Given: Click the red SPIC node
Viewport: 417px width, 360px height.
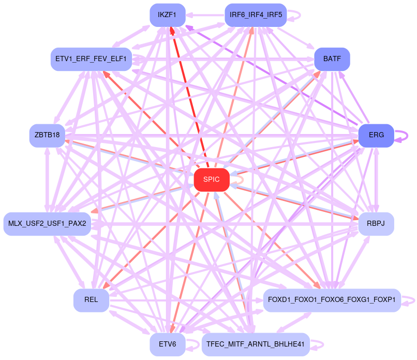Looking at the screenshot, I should tap(211, 180).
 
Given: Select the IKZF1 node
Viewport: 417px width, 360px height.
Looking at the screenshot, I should tap(167, 15).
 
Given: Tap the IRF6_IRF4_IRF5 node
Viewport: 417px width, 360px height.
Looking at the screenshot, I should tap(256, 15).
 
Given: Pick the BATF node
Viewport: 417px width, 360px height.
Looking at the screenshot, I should tap(332, 59).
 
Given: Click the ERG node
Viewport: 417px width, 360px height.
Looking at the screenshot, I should tap(376, 135).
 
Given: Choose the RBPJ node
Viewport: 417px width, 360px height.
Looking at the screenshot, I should tap(376, 224).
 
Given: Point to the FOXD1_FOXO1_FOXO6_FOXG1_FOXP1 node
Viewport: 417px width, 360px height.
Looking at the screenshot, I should tap(332, 300).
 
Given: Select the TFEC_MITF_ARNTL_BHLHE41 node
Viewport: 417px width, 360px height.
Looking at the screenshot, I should tap(255, 344).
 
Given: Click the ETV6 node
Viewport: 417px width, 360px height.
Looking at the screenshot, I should tap(167, 344).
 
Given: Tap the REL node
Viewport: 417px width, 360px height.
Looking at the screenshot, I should tap(91, 300).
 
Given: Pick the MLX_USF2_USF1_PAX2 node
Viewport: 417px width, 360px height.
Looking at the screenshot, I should tap(47, 224).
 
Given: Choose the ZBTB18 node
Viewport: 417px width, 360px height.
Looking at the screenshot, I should tap(47, 135).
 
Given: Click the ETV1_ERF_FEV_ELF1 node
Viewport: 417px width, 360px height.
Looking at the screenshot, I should tap(91, 59).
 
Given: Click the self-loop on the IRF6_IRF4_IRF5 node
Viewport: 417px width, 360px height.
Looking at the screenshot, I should tap(296, 15).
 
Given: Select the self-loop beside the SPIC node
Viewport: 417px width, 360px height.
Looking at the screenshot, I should tap(240, 179).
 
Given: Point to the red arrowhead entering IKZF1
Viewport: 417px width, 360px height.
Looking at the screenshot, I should tap(172, 30).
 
